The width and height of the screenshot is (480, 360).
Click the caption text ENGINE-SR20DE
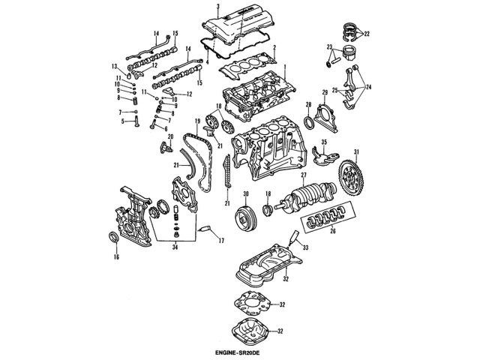coord(240,352)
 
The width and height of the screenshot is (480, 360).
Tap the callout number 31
coord(357,154)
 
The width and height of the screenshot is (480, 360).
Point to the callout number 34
coord(175,246)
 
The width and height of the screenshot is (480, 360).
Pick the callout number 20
coord(170,136)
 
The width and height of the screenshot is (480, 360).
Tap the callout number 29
coord(325,91)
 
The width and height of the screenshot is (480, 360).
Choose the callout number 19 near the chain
coord(197,121)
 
